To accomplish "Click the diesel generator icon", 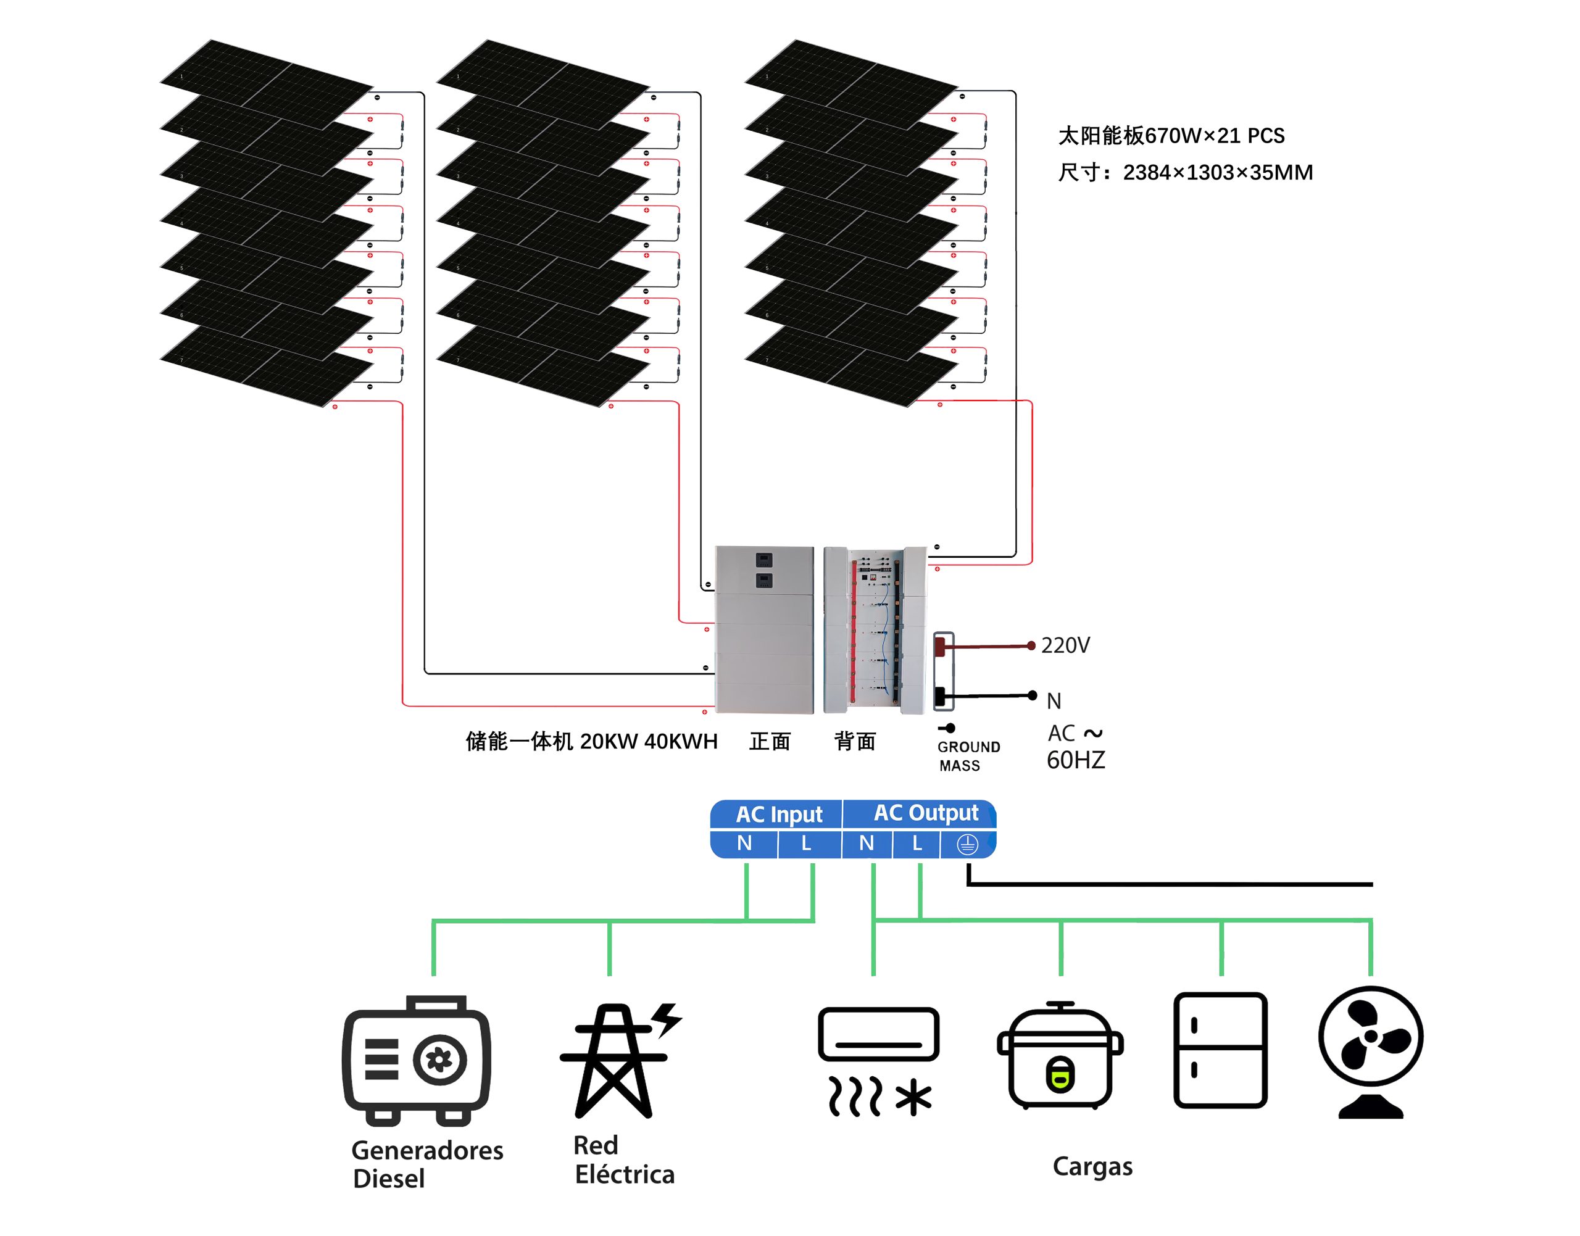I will pos(416,1060).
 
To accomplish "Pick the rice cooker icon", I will pos(1060,1056).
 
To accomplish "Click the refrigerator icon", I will pos(1220,1050).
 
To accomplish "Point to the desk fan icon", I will pos(1370,1051).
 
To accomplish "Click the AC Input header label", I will pos(779,814).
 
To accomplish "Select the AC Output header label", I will pos(926,813).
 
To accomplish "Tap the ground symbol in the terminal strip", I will pos(967,844).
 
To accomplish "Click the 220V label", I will pos(1065,645).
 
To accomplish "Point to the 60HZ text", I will pos(1076,760).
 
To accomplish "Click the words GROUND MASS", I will pos(968,755).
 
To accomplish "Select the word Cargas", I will pos(1092,1166).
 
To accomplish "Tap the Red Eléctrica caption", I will pos(623,1159).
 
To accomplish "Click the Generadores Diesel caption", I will pos(426,1164).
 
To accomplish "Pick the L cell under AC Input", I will pos(806,843).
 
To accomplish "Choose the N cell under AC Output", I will pos(867,843).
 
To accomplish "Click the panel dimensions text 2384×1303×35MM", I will pos(1217,172).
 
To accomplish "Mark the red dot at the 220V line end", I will pos(1031,645).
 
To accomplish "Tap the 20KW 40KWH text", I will pos(649,741).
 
